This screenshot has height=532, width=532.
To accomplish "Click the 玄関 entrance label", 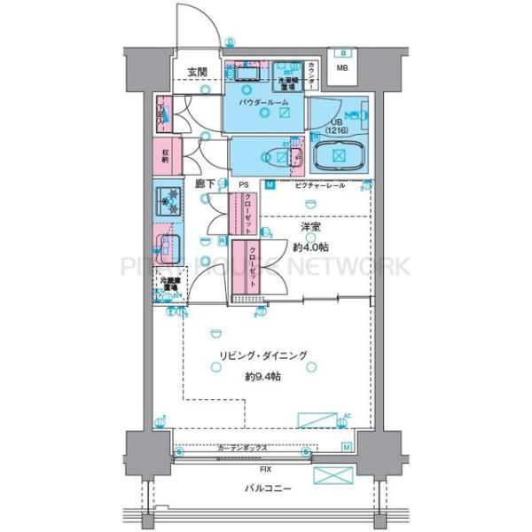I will tap(196, 72).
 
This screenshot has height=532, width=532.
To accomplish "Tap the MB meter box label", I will tap(341, 67).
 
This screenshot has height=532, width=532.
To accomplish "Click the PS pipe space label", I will tap(243, 185).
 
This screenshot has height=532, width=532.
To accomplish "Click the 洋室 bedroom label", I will tap(309, 228).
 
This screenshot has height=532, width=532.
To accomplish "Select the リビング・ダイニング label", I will tap(264, 356).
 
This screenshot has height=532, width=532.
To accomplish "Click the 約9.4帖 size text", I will tap(264, 376).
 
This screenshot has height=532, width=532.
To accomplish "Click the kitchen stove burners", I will tap(167, 202).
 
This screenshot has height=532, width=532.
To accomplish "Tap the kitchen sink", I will tap(167, 244).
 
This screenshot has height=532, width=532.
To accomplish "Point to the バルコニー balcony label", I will tap(265, 488).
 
